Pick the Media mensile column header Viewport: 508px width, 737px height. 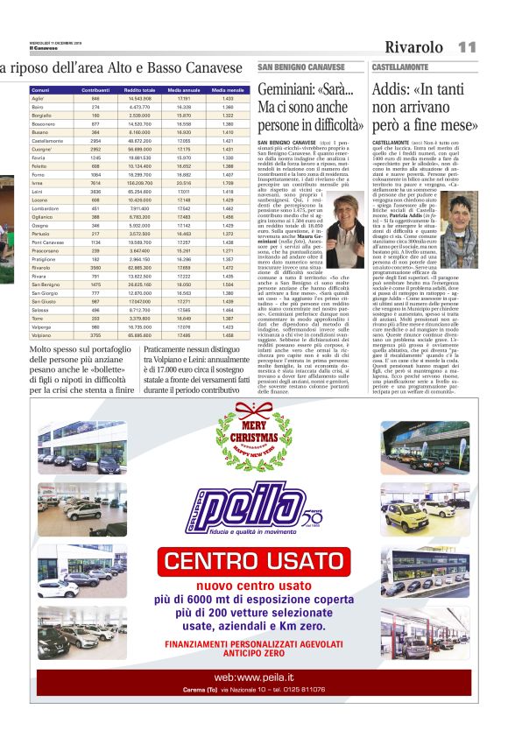[x=227, y=90]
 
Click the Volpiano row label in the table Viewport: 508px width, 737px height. [x=42, y=334]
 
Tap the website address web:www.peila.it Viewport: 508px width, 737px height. [x=254, y=677]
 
